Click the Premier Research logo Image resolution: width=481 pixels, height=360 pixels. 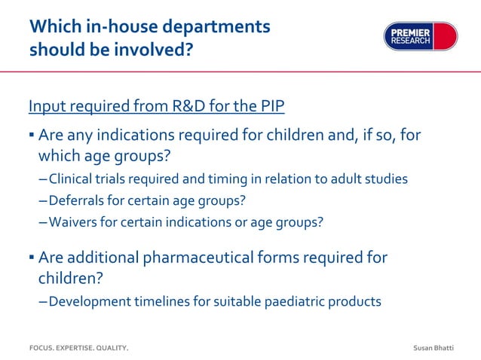pyautogui.click(x=420, y=36)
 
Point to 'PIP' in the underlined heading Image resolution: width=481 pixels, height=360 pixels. pyautogui.click(x=269, y=105)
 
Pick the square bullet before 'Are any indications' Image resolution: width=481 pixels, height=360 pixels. pyautogui.click(x=32, y=137)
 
